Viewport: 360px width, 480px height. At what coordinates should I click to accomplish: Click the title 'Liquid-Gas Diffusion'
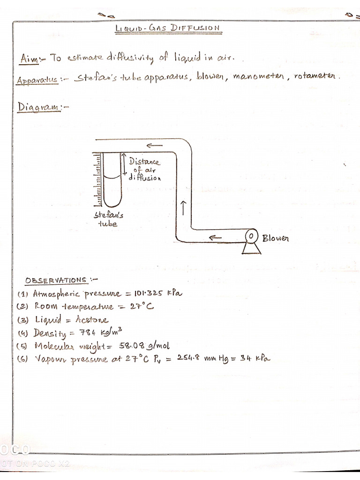(167, 28)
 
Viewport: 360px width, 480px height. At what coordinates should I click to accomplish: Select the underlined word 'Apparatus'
(37, 80)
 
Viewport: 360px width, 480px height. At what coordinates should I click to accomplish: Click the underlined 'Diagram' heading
(40, 107)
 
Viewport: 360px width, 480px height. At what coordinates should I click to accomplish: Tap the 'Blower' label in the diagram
(276, 238)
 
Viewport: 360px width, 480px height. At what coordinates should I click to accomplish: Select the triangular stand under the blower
(252, 247)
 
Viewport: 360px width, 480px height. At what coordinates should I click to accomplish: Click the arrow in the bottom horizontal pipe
(215, 238)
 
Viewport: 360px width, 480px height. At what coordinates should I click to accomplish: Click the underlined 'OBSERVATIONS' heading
(56, 281)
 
